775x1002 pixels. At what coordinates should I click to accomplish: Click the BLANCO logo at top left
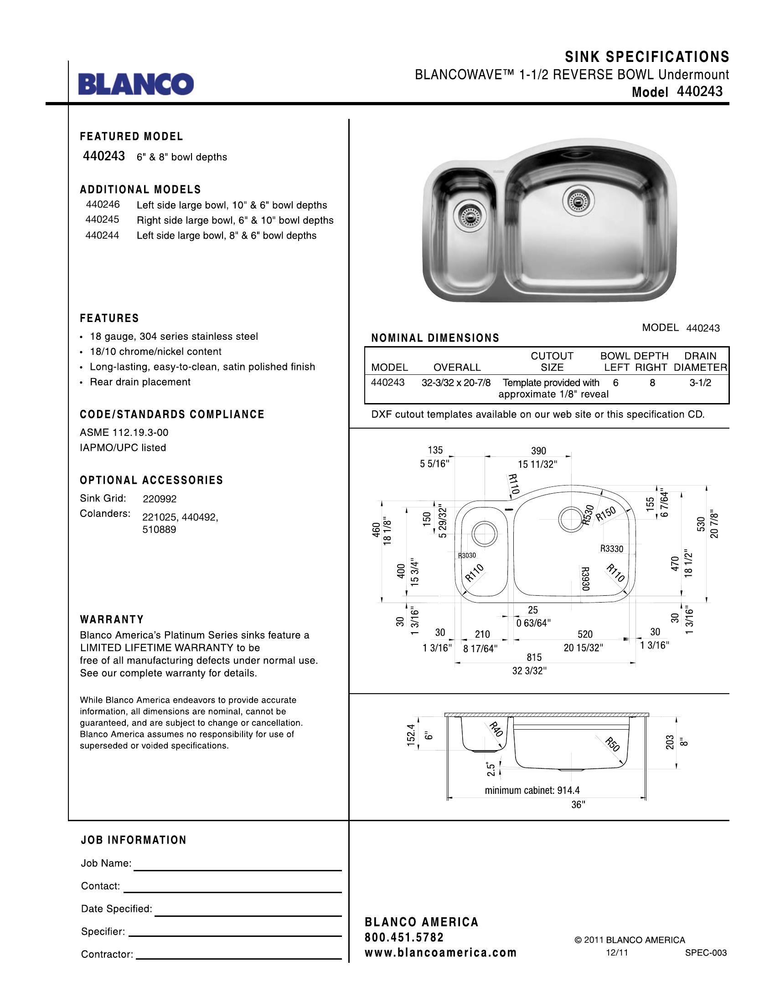pyautogui.click(x=136, y=83)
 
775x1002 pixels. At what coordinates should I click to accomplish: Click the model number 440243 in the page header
pyautogui.click(x=699, y=91)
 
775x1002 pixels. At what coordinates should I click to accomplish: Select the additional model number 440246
pyautogui.click(x=103, y=204)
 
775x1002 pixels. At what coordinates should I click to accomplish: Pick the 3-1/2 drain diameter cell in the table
pyautogui.click(x=700, y=383)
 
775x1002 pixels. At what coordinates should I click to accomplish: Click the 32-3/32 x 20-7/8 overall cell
pyautogui.click(x=456, y=383)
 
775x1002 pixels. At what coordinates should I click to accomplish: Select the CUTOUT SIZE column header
pyautogui.click(x=552, y=362)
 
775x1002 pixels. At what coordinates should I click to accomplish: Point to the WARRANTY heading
pyautogui.click(x=112, y=619)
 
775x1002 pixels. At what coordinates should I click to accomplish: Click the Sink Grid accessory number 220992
pyautogui.click(x=159, y=499)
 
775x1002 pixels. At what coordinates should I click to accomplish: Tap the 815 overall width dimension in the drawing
pyautogui.click(x=534, y=657)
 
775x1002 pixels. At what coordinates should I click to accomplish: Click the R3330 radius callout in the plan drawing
pyautogui.click(x=611, y=549)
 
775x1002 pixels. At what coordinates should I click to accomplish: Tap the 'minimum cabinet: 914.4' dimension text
pyautogui.click(x=532, y=790)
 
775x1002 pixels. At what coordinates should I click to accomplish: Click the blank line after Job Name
pyautogui.click(x=238, y=865)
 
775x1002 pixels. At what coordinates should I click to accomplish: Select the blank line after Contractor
pyautogui.click(x=239, y=955)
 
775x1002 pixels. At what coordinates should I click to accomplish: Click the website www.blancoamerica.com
pyautogui.click(x=440, y=953)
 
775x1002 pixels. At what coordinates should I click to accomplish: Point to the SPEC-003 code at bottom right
pyautogui.click(x=706, y=953)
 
